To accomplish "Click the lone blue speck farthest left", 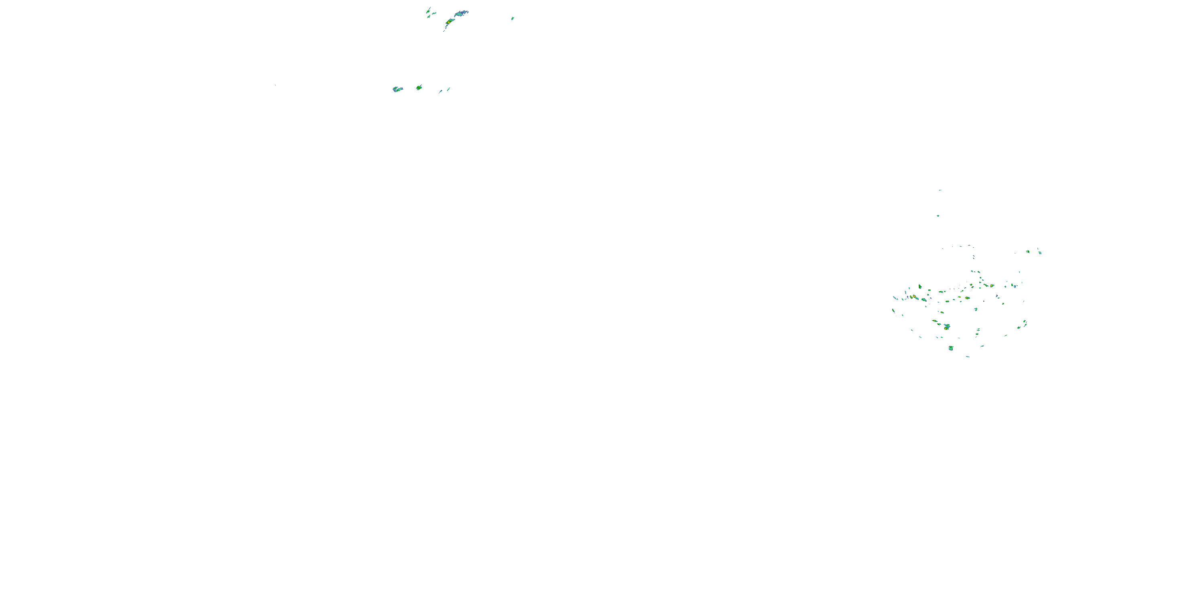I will point(275,85).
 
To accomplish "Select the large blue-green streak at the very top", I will point(461,13).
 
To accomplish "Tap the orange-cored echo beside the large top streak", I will point(449,22).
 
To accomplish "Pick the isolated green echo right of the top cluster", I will point(513,18).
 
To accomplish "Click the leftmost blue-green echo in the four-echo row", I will point(397,89).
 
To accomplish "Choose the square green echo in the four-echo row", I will point(419,87).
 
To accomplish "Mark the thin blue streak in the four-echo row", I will point(440,91).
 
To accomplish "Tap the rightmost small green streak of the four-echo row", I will point(448,89).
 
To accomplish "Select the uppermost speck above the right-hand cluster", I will point(940,190).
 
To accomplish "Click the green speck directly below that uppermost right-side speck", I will point(938,216).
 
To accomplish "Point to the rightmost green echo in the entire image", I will point(1039,252).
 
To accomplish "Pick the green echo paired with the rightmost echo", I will point(1028,252).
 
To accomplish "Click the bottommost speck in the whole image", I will point(968,357).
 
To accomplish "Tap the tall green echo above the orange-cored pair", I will point(920,287).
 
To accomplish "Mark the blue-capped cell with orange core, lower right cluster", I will point(946,327).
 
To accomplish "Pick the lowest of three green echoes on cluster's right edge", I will point(1019,327).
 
